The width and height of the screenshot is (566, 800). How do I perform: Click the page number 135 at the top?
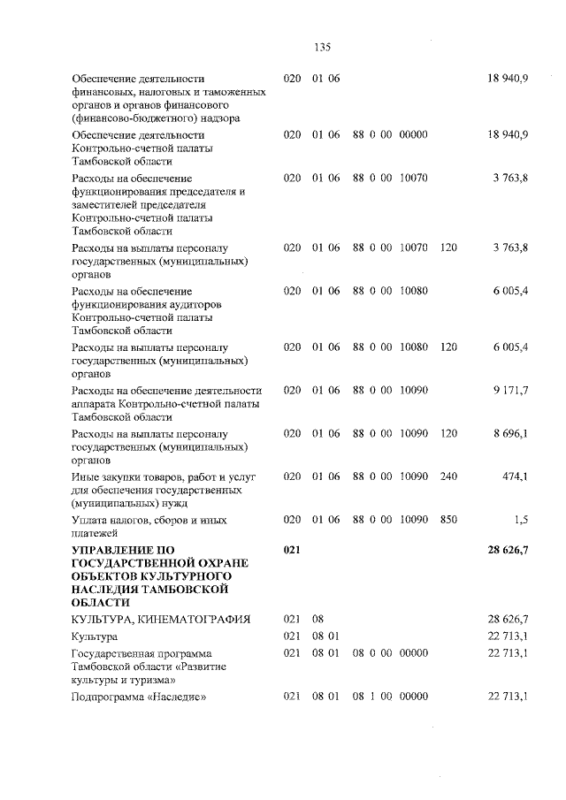(322, 48)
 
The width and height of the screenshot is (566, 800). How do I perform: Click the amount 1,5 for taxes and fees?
(521, 520)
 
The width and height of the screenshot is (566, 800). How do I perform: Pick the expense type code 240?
(448, 476)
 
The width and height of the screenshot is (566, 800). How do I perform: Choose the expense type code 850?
(448, 520)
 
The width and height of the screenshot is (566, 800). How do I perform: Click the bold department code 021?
(293, 550)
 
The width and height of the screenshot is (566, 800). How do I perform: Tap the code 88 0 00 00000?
(390, 134)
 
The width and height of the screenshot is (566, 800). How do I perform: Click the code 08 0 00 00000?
(390, 653)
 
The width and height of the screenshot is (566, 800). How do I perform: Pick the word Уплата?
(91, 520)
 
